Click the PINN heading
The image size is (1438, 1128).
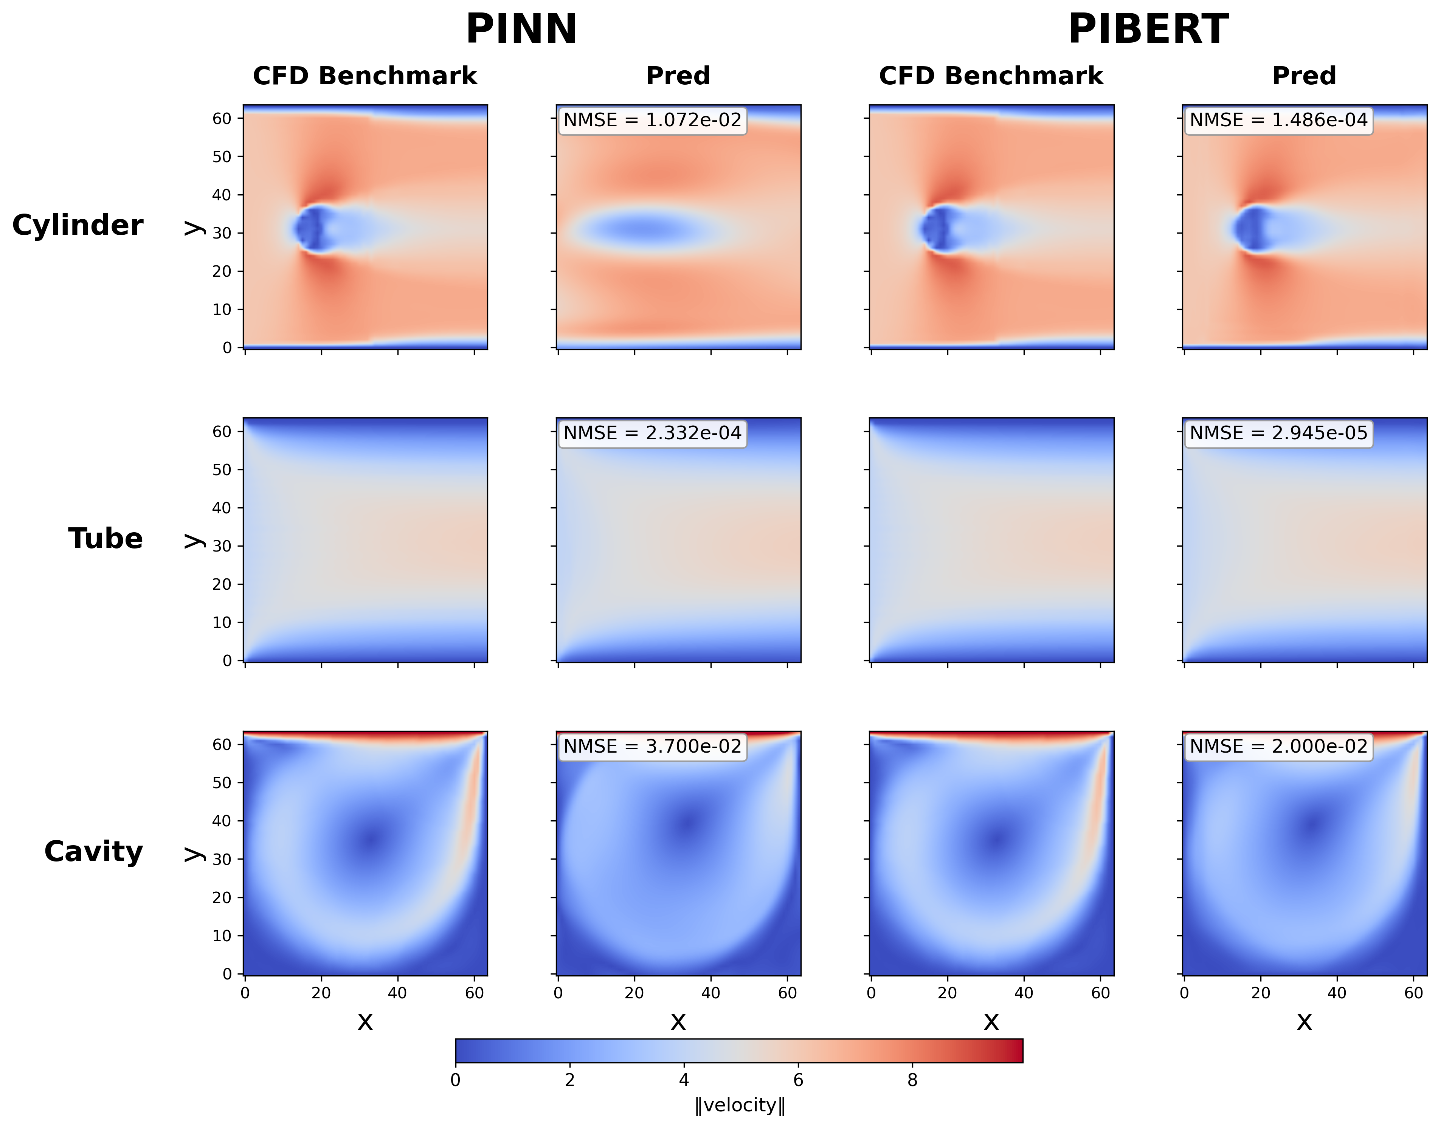tap(521, 30)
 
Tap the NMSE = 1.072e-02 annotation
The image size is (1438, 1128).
tap(652, 120)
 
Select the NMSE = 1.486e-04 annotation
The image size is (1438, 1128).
tap(1278, 120)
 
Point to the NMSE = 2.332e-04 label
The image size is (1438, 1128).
tap(652, 433)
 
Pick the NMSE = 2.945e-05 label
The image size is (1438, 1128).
tap(1278, 433)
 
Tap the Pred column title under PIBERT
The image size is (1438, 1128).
tap(1303, 76)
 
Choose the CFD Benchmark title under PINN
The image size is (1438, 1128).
tap(365, 76)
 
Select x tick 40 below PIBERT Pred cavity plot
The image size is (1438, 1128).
tap(1337, 993)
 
